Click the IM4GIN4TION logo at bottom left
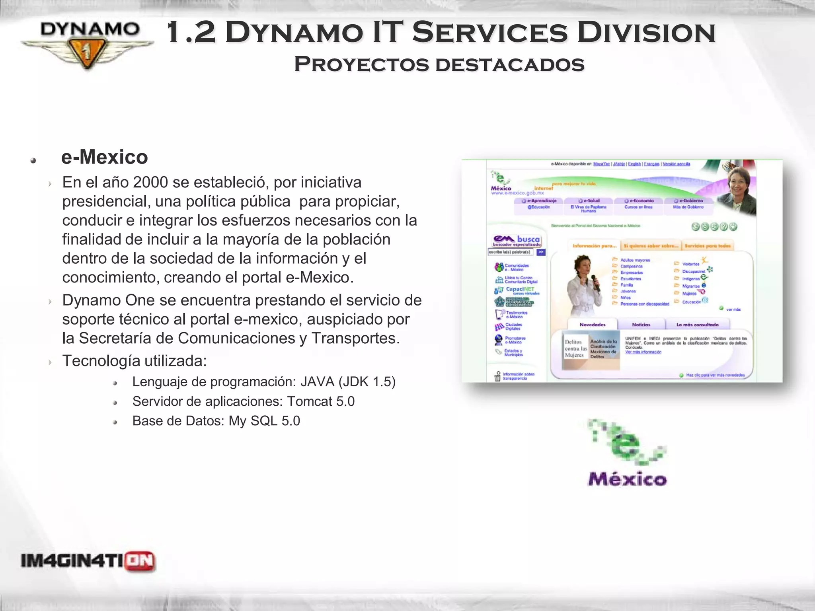pos(88,561)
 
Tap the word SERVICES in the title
pos(489,33)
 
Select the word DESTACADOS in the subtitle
pos(510,64)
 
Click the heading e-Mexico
pos(105,157)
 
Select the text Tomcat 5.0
pos(321,401)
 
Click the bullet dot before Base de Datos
pos(115,422)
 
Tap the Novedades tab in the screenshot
pos(592,325)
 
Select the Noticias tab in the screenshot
pos(641,325)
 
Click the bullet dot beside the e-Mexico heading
pos(33,160)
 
